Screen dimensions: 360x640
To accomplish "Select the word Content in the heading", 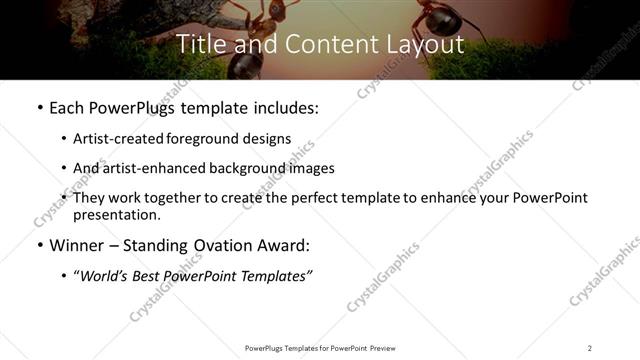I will tap(319, 45).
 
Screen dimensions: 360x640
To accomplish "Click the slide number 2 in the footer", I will tap(589, 348).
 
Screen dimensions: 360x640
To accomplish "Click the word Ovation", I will tap(232, 244).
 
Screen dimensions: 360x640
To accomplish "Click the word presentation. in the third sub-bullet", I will tap(117, 214).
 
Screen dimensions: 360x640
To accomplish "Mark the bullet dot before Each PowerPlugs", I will tap(39, 107).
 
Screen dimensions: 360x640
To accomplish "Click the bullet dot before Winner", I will tap(39, 245).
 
